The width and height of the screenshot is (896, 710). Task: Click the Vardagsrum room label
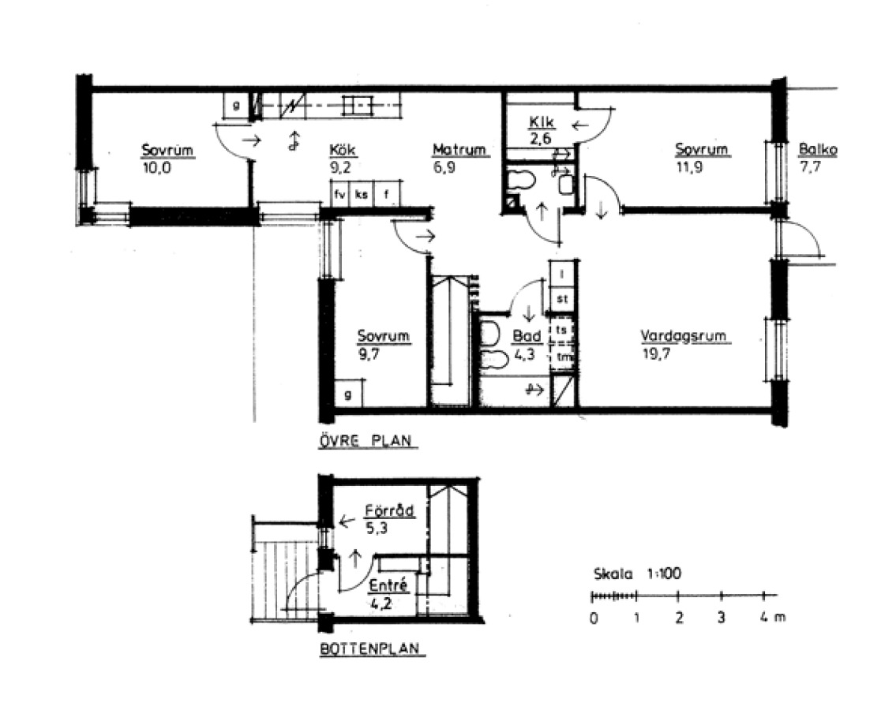coord(683,336)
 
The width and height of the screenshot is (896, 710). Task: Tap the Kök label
coord(343,150)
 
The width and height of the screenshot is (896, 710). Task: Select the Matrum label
coord(459,150)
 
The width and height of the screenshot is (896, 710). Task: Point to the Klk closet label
coord(542,121)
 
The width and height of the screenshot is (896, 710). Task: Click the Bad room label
coord(527,336)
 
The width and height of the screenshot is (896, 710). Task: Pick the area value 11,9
coord(689,168)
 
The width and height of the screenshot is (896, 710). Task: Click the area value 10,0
coord(156,169)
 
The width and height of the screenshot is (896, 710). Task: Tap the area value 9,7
coord(368,354)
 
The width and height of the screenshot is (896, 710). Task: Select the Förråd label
coord(390,510)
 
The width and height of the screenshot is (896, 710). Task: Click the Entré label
coord(388,585)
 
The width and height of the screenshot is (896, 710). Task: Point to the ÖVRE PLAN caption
coord(366,441)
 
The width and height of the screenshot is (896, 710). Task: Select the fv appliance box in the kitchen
coord(340,194)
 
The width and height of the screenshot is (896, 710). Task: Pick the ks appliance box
coord(362,194)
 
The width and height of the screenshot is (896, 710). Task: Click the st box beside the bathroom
coord(562,299)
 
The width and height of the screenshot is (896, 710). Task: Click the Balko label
coord(818,150)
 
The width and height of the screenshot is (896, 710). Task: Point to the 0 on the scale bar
coord(594,618)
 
